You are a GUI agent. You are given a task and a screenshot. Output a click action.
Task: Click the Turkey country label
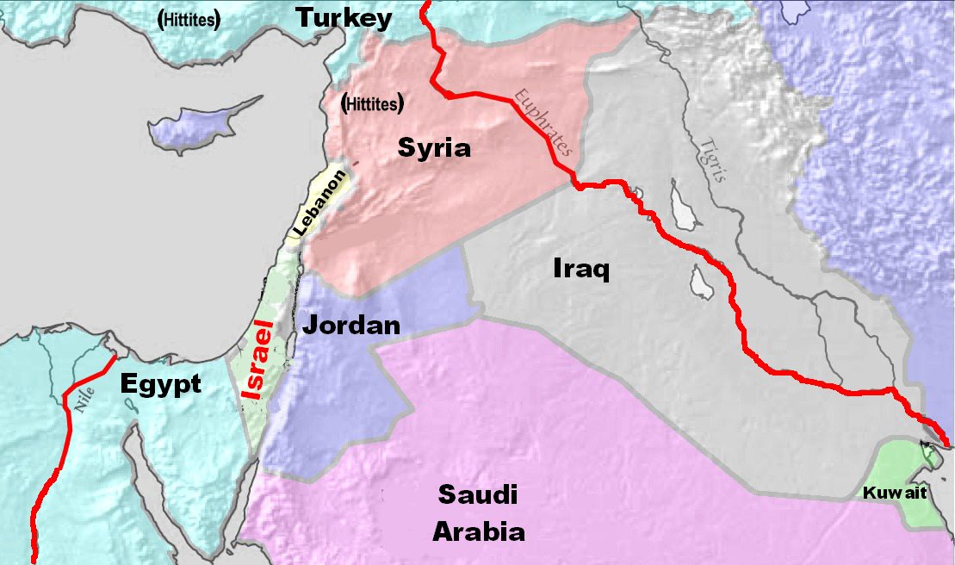344,18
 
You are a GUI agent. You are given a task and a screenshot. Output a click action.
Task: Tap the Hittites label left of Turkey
188,18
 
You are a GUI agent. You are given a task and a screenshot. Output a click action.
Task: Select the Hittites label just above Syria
373,104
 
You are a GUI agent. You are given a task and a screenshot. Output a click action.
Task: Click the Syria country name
434,148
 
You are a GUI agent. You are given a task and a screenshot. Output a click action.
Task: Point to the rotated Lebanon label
319,203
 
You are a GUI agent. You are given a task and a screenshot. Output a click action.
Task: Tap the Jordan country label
351,326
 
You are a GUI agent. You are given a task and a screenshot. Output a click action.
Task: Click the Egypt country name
160,383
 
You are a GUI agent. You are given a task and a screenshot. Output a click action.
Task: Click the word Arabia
478,531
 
